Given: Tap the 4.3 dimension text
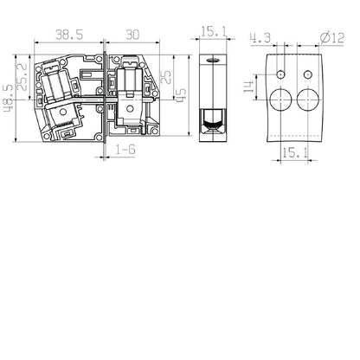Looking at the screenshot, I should click(259, 37).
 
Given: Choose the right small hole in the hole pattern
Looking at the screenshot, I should click(308, 71).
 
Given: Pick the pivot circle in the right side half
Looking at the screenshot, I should click(130, 107).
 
